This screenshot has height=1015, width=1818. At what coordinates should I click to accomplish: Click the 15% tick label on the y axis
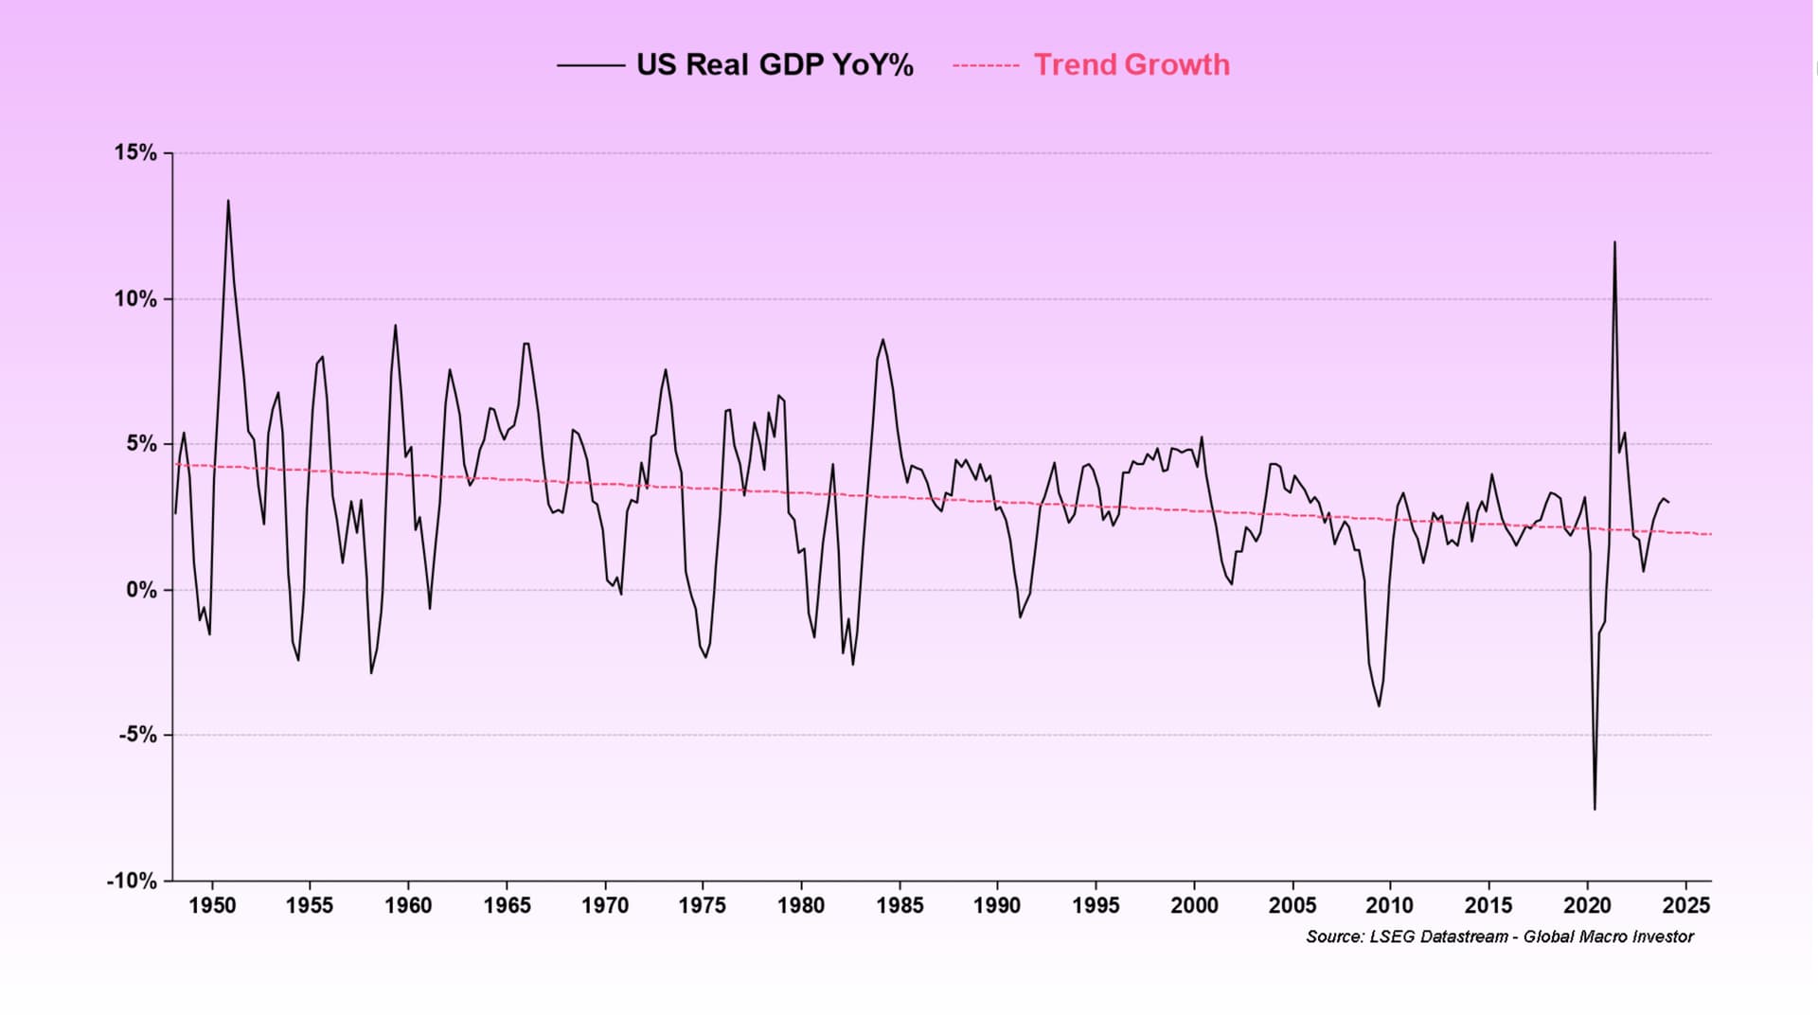pos(135,153)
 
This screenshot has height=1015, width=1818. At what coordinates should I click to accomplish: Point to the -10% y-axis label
pos(132,881)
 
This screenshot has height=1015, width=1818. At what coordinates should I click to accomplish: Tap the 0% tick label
pos(141,590)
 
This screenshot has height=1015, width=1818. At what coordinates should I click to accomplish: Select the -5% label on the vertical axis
pos(137,736)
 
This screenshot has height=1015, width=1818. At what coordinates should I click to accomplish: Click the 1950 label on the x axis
pos(212,906)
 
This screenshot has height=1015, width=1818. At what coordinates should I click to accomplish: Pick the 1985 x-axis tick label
pos(900,906)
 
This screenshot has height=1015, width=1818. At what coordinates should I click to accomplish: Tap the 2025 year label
pos(1686,906)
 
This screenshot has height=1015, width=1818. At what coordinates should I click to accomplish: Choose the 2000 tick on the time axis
pos(1194,906)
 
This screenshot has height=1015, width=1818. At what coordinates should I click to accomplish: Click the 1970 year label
pos(604,906)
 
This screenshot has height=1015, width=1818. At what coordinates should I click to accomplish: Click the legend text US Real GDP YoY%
pos(775,65)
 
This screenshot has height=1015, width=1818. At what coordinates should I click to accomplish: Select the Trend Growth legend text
pos(1132,65)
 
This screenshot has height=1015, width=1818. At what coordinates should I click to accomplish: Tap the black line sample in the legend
pos(590,65)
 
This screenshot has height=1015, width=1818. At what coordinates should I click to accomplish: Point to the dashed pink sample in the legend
pos(985,65)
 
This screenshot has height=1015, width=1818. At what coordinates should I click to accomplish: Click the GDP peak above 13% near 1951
pos(227,201)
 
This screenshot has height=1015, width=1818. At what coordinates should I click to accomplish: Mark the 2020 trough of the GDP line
pos(1595,809)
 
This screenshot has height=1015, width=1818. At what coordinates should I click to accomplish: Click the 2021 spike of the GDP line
pos(1614,242)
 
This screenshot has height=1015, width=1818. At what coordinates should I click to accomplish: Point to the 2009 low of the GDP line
pos(1379,705)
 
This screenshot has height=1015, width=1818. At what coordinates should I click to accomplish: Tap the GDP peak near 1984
pos(882,340)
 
